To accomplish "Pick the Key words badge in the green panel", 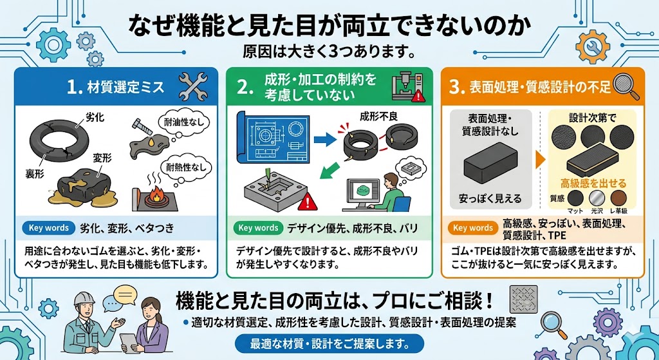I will [258, 228].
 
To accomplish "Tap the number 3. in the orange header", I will [457, 88].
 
